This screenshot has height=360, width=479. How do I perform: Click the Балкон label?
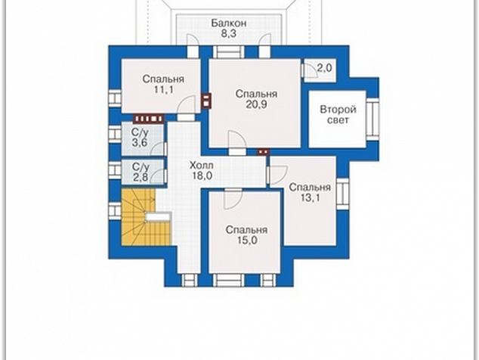pyautogui.click(x=229, y=23)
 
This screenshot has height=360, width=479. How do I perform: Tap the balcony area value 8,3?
pyautogui.click(x=229, y=33)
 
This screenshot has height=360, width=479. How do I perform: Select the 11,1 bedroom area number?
pyautogui.click(x=163, y=89)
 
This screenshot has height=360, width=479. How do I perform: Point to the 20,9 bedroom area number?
pyautogui.click(x=256, y=104)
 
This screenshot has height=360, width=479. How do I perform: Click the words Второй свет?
pyautogui.click(x=338, y=115)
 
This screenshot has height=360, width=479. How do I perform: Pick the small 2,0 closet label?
pyautogui.click(x=324, y=68)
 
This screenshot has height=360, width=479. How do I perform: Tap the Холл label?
pyautogui.click(x=202, y=166)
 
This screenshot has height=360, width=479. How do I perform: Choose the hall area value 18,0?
pyautogui.click(x=202, y=175)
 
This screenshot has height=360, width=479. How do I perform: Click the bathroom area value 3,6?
pyautogui.click(x=140, y=142)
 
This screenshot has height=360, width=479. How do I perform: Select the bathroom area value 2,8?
pyautogui.click(x=141, y=177)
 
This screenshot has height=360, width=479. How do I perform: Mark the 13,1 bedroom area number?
pyautogui.click(x=310, y=197)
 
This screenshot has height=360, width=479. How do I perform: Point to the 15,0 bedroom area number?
pyautogui.click(x=247, y=241)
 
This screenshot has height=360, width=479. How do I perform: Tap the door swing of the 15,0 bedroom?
pyautogui.click(x=233, y=200)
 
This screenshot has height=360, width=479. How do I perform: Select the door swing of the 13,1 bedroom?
pyautogui.click(x=278, y=175)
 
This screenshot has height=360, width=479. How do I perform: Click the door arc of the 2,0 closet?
pyautogui.click(x=311, y=70)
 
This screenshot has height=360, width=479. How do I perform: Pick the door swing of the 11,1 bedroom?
pyautogui.click(x=186, y=104)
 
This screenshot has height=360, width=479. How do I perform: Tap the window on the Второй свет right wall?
pyautogui.click(x=373, y=119)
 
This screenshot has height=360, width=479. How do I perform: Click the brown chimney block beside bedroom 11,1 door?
pyautogui.click(x=206, y=101)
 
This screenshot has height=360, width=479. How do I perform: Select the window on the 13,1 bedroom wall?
pyautogui.click(x=343, y=194)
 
